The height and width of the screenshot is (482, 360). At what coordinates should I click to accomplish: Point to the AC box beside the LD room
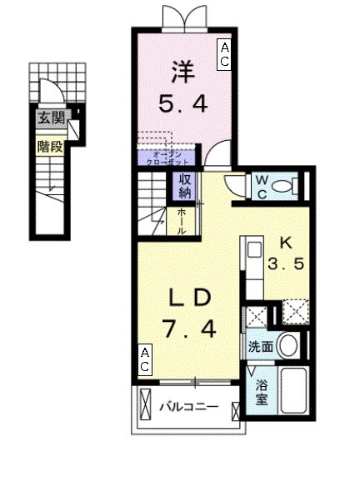(145, 361)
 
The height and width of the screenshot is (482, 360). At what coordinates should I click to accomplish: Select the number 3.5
(284, 269)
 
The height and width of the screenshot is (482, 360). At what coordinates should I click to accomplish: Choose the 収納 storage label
(183, 186)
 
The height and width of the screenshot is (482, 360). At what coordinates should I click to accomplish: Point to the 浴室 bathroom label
(262, 394)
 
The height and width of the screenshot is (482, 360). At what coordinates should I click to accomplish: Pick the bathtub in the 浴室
(292, 392)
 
